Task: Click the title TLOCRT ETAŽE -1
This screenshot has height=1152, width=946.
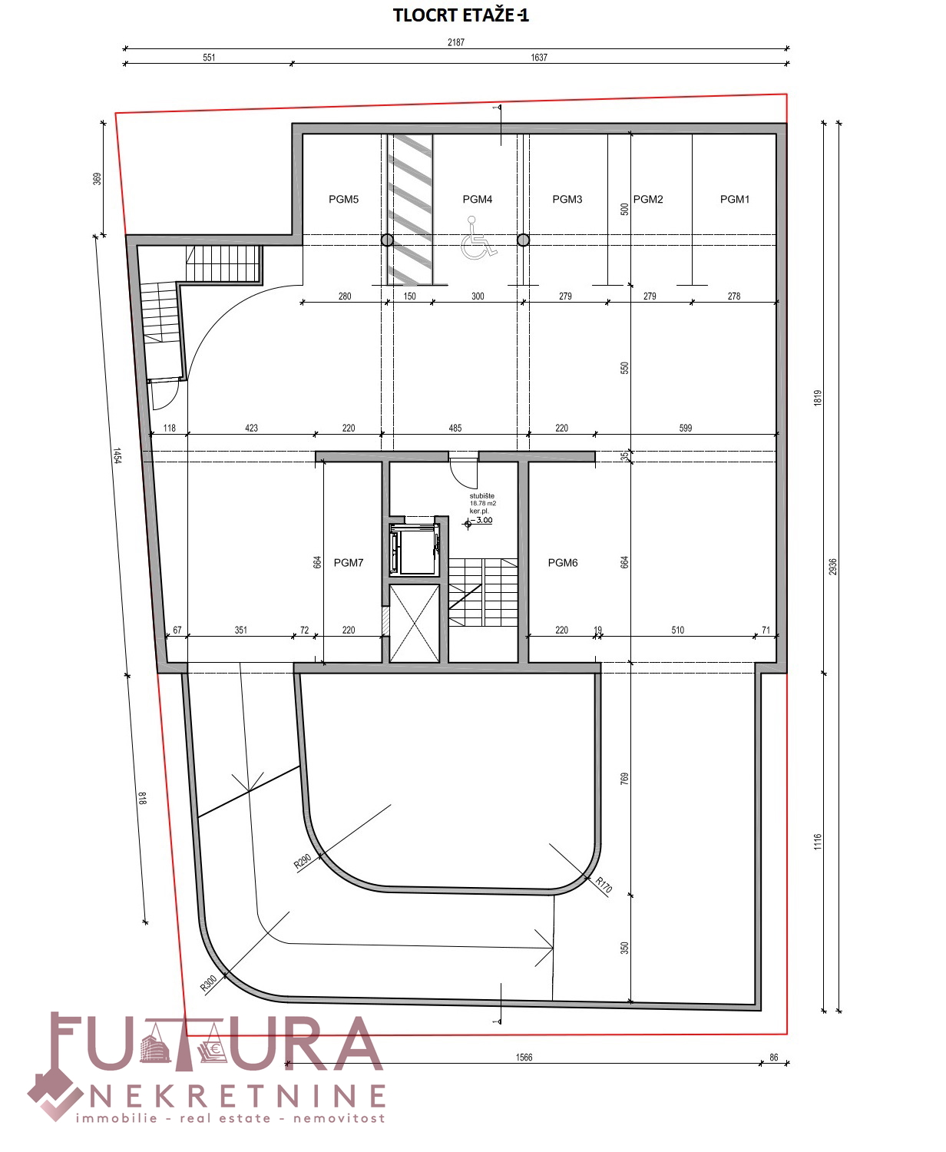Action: (x=461, y=15)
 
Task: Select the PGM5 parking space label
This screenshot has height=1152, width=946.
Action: (x=343, y=200)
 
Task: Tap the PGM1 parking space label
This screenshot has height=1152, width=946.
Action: (x=735, y=200)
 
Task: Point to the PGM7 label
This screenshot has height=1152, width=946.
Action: (x=349, y=563)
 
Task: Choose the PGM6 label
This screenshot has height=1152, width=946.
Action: (x=563, y=563)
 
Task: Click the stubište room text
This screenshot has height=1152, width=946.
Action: (x=481, y=496)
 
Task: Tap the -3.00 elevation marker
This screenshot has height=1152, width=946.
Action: (x=483, y=521)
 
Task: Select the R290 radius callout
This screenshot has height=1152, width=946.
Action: (x=303, y=862)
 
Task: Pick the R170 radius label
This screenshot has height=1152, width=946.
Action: (x=604, y=884)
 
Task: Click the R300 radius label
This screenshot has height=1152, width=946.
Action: (x=209, y=983)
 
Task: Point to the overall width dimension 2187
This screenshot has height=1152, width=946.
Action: (x=456, y=42)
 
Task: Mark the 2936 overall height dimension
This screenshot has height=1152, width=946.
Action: (x=833, y=567)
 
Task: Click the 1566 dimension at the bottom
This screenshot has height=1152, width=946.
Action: (x=524, y=1058)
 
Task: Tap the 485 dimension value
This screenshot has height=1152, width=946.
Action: (x=455, y=429)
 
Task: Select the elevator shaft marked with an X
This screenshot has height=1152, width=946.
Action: (x=415, y=624)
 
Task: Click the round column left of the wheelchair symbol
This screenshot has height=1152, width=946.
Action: (x=387, y=240)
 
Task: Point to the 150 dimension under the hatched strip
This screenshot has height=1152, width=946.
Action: (x=409, y=296)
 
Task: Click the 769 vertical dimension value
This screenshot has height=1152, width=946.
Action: (x=625, y=779)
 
